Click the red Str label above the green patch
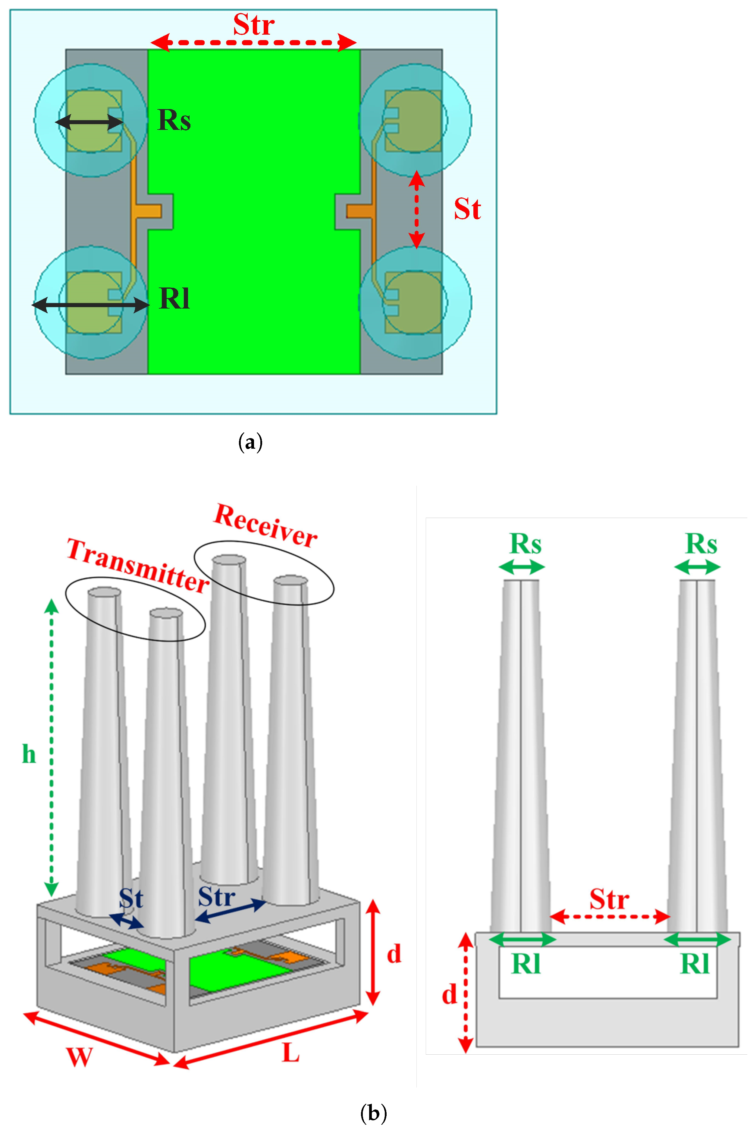(x=254, y=25)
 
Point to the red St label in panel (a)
(x=467, y=209)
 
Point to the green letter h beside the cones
(x=29, y=754)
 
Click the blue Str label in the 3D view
(x=217, y=896)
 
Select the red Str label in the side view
(x=609, y=899)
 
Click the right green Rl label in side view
(x=695, y=964)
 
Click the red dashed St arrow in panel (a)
(x=416, y=210)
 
